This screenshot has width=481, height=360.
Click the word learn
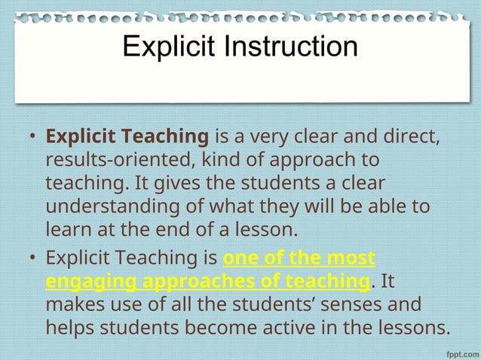coord(67,227)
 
